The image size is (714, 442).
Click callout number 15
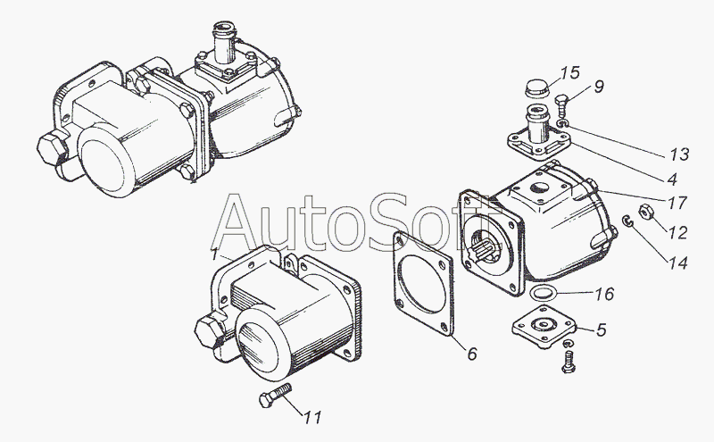coord(569,73)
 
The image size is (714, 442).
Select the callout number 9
coord(599,86)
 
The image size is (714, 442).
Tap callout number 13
coord(679,154)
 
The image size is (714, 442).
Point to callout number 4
coord(672,179)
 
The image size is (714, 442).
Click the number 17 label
coord(677,203)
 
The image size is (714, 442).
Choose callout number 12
coord(677,233)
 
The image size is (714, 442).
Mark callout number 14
coord(677,263)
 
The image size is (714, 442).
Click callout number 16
coord(604,294)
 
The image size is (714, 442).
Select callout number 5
coord(601,329)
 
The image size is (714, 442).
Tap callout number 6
coord(472,353)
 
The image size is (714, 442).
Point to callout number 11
coord(313,417)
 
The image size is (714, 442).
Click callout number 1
coord(214,254)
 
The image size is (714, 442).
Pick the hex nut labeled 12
coord(645,212)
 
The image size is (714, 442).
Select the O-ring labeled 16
coord(542,293)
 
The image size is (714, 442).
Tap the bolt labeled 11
coord(275,394)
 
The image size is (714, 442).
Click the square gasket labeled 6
coord(423,283)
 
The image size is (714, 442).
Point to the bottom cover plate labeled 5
coord(544,328)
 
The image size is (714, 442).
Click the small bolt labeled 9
coord(562,104)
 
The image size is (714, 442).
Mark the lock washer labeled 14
coord(627,221)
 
